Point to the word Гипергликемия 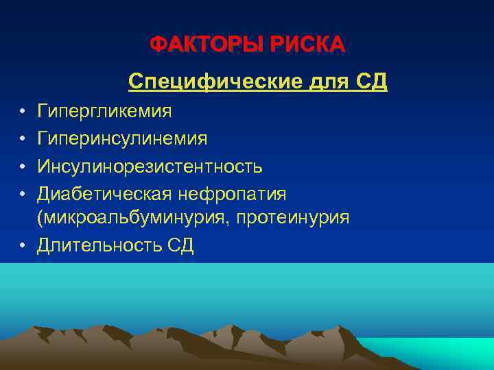[105, 111]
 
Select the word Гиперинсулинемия [123, 138]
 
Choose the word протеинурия [294, 218]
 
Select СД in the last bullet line [180, 245]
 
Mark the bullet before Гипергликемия [23, 111]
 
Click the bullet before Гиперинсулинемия [23, 138]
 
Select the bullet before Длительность [23, 245]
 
